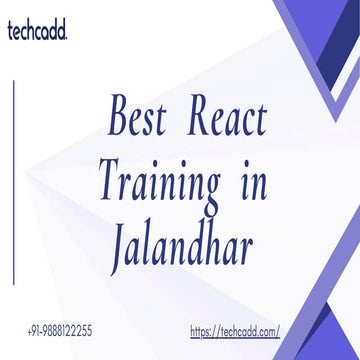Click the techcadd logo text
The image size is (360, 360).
37,32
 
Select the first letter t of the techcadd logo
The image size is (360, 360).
8,32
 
